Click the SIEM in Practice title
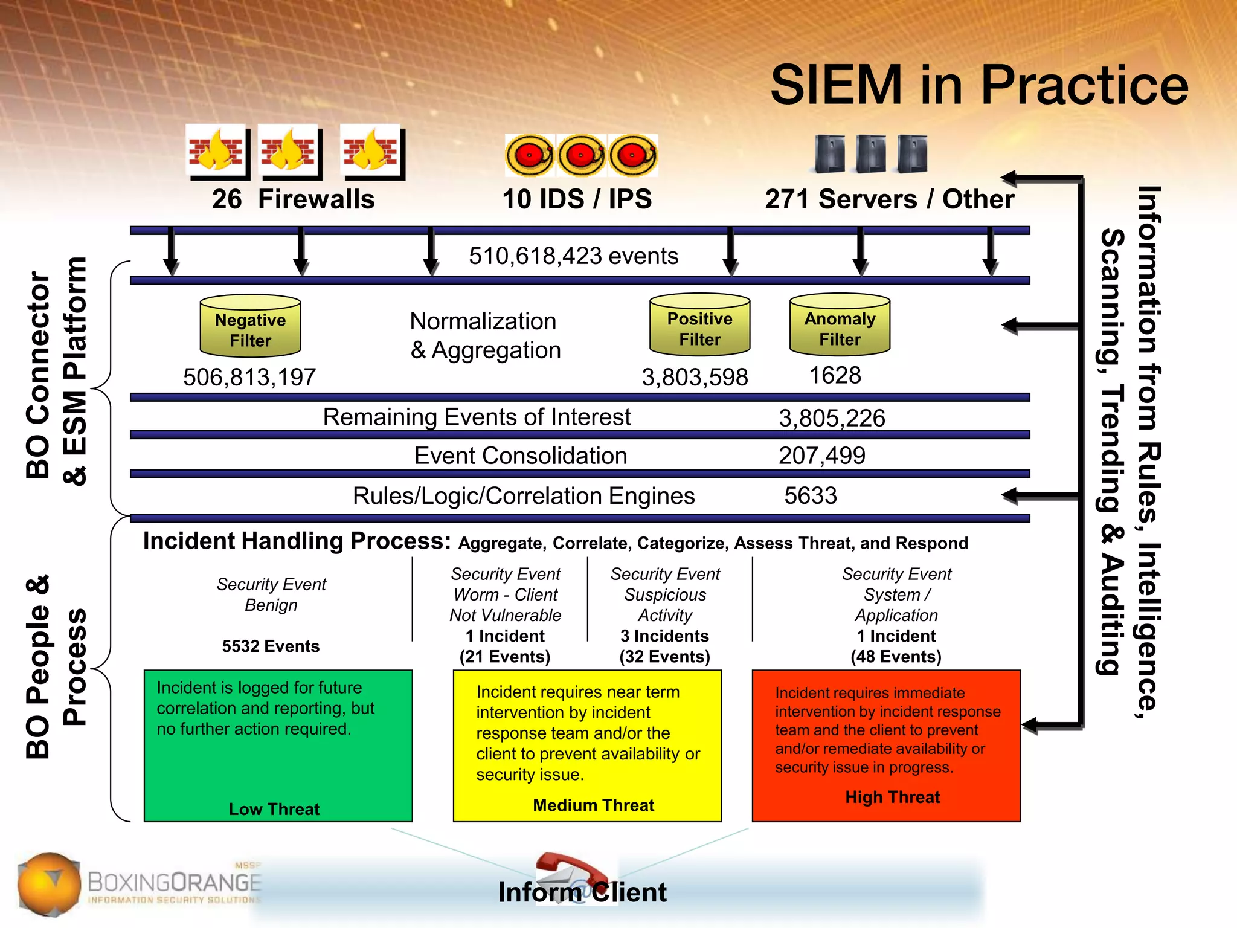click(x=979, y=85)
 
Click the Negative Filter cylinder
click(x=250, y=327)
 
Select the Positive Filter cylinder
click(x=699, y=326)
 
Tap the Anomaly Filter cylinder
click(x=840, y=326)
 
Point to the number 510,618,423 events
click(x=573, y=256)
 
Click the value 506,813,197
click(x=249, y=378)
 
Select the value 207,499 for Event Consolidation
click(x=821, y=456)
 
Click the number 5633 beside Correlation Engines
click(x=810, y=496)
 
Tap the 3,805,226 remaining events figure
click(x=832, y=418)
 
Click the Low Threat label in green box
click(x=274, y=809)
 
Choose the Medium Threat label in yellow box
click(x=593, y=805)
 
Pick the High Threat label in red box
click(x=892, y=797)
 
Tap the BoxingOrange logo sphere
click(x=48, y=883)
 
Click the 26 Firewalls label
click(x=293, y=199)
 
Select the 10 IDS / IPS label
click(x=577, y=199)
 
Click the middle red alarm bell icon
click(x=581, y=155)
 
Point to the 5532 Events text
click(x=271, y=646)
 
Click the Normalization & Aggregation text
click(x=485, y=336)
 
